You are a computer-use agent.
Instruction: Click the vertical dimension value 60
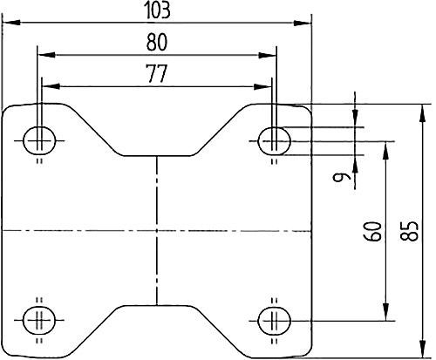pyautogui.click(x=372, y=232)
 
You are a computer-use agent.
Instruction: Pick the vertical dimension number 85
pyautogui.click(x=423, y=228)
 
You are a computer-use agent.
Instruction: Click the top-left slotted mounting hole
pyautogui.click(x=39, y=137)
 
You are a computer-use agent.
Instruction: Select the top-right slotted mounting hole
pyautogui.click(x=276, y=137)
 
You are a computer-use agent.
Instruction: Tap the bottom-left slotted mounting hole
pyautogui.click(x=39, y=319)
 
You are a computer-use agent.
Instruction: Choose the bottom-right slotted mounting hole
pyautogui.click(x=276, y=319)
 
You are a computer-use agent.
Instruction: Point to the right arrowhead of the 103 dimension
pyautogui.click(x=305, y=22)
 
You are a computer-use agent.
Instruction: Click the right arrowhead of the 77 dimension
pyautogui.click(x=267, y=86)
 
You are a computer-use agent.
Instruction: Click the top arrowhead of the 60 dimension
pyautogui.click(x=386, y=147)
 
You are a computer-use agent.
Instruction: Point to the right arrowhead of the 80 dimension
pyautogui.click(x=271, y=53)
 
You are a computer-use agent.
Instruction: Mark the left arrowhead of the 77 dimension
pyautogui.click(x=49, y=86)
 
